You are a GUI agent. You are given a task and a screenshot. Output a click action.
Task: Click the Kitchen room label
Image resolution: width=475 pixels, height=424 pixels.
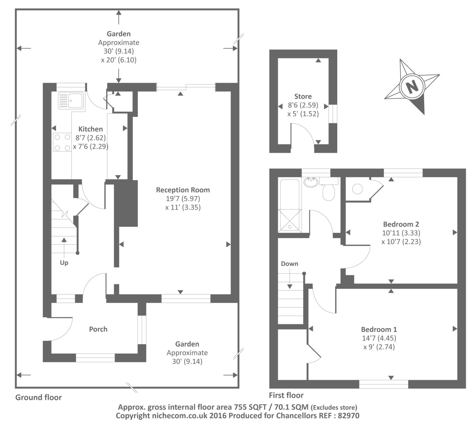tap(90, 129)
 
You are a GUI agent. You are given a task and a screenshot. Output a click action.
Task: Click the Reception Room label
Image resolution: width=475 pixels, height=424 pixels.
tap(183, 190)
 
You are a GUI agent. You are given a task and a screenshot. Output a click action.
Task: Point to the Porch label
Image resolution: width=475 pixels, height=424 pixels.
tap(98, 329)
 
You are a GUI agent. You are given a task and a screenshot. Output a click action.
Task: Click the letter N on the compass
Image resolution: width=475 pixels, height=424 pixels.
tap(411, 87)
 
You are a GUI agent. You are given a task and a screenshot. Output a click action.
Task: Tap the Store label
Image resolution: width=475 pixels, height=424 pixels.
tap(303, 96)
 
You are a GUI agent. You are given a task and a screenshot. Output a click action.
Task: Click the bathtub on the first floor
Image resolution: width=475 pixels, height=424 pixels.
tap(290, 205)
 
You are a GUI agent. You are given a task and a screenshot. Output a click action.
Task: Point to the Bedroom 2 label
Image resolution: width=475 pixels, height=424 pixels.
tap(401, 224)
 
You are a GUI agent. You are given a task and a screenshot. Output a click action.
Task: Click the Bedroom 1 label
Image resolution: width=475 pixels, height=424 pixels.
tap(379, 329)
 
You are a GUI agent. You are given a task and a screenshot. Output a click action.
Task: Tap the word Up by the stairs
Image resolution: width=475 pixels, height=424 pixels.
tap(64, 263)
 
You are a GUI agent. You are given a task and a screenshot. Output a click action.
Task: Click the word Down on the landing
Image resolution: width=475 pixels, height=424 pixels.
tap(289, 264)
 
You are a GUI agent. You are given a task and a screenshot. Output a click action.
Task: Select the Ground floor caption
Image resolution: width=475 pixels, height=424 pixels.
tap(38, 397)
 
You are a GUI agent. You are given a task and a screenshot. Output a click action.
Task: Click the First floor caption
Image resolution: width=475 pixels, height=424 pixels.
tap(286, 395)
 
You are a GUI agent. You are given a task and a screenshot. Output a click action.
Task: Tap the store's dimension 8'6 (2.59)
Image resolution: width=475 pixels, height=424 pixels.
tap(303, 105)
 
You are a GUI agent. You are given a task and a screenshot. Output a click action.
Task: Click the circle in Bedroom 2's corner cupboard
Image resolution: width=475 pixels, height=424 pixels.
tap(357, 189)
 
